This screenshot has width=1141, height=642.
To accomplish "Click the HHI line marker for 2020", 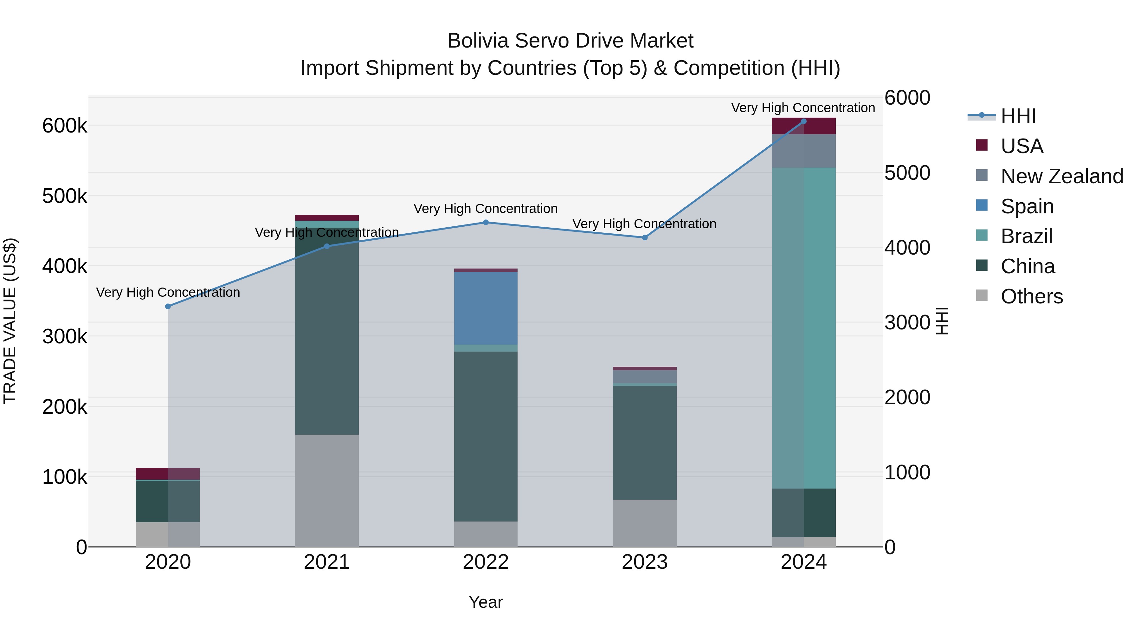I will coord(168,306).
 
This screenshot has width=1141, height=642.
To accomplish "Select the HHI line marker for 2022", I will coord(486,223).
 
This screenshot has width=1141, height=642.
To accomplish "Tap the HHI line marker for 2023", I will coord(644,237).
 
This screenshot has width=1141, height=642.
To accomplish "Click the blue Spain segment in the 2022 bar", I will coord(486,308).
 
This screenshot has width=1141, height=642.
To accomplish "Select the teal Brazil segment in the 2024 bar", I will coord(803,328).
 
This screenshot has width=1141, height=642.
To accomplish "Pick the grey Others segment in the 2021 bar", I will coord(326,490).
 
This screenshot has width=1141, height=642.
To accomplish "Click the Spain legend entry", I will coord(1027,206).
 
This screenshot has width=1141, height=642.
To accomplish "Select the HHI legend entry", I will coord(1018,116).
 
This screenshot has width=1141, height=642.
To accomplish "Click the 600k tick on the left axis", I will coord(65,126).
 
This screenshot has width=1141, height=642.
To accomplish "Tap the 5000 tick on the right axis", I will coord(907,173).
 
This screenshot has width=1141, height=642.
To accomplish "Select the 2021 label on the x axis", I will coord(326,562).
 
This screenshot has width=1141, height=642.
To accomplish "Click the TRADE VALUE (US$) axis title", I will coord(10,321).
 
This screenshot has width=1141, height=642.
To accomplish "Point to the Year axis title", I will coord(486,602).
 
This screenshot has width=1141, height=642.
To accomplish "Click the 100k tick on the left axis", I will coord(65,477).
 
